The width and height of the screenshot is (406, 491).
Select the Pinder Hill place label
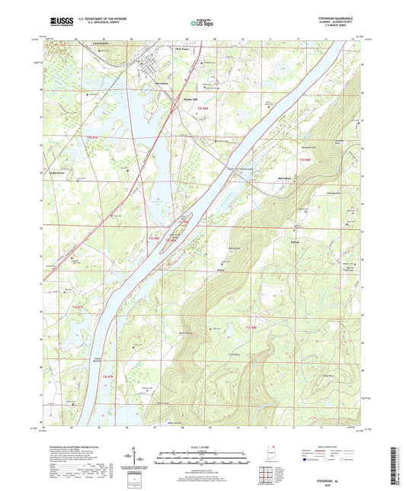click(187, 99)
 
